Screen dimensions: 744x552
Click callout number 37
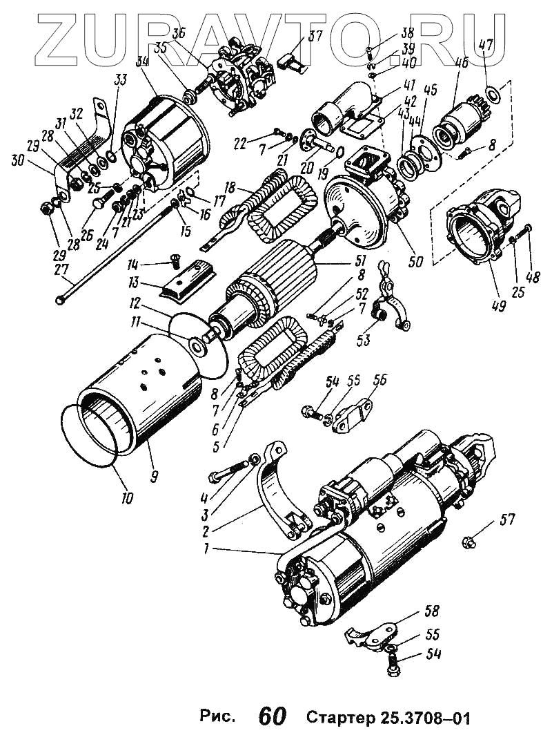pyautogui.click(x=315, y=37)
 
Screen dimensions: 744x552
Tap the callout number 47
pyautogui.click(x=486, y=47)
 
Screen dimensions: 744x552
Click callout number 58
pyautogui.click(x=431, y=611)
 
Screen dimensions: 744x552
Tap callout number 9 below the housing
pyautogui.click(x=153, y=475)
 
